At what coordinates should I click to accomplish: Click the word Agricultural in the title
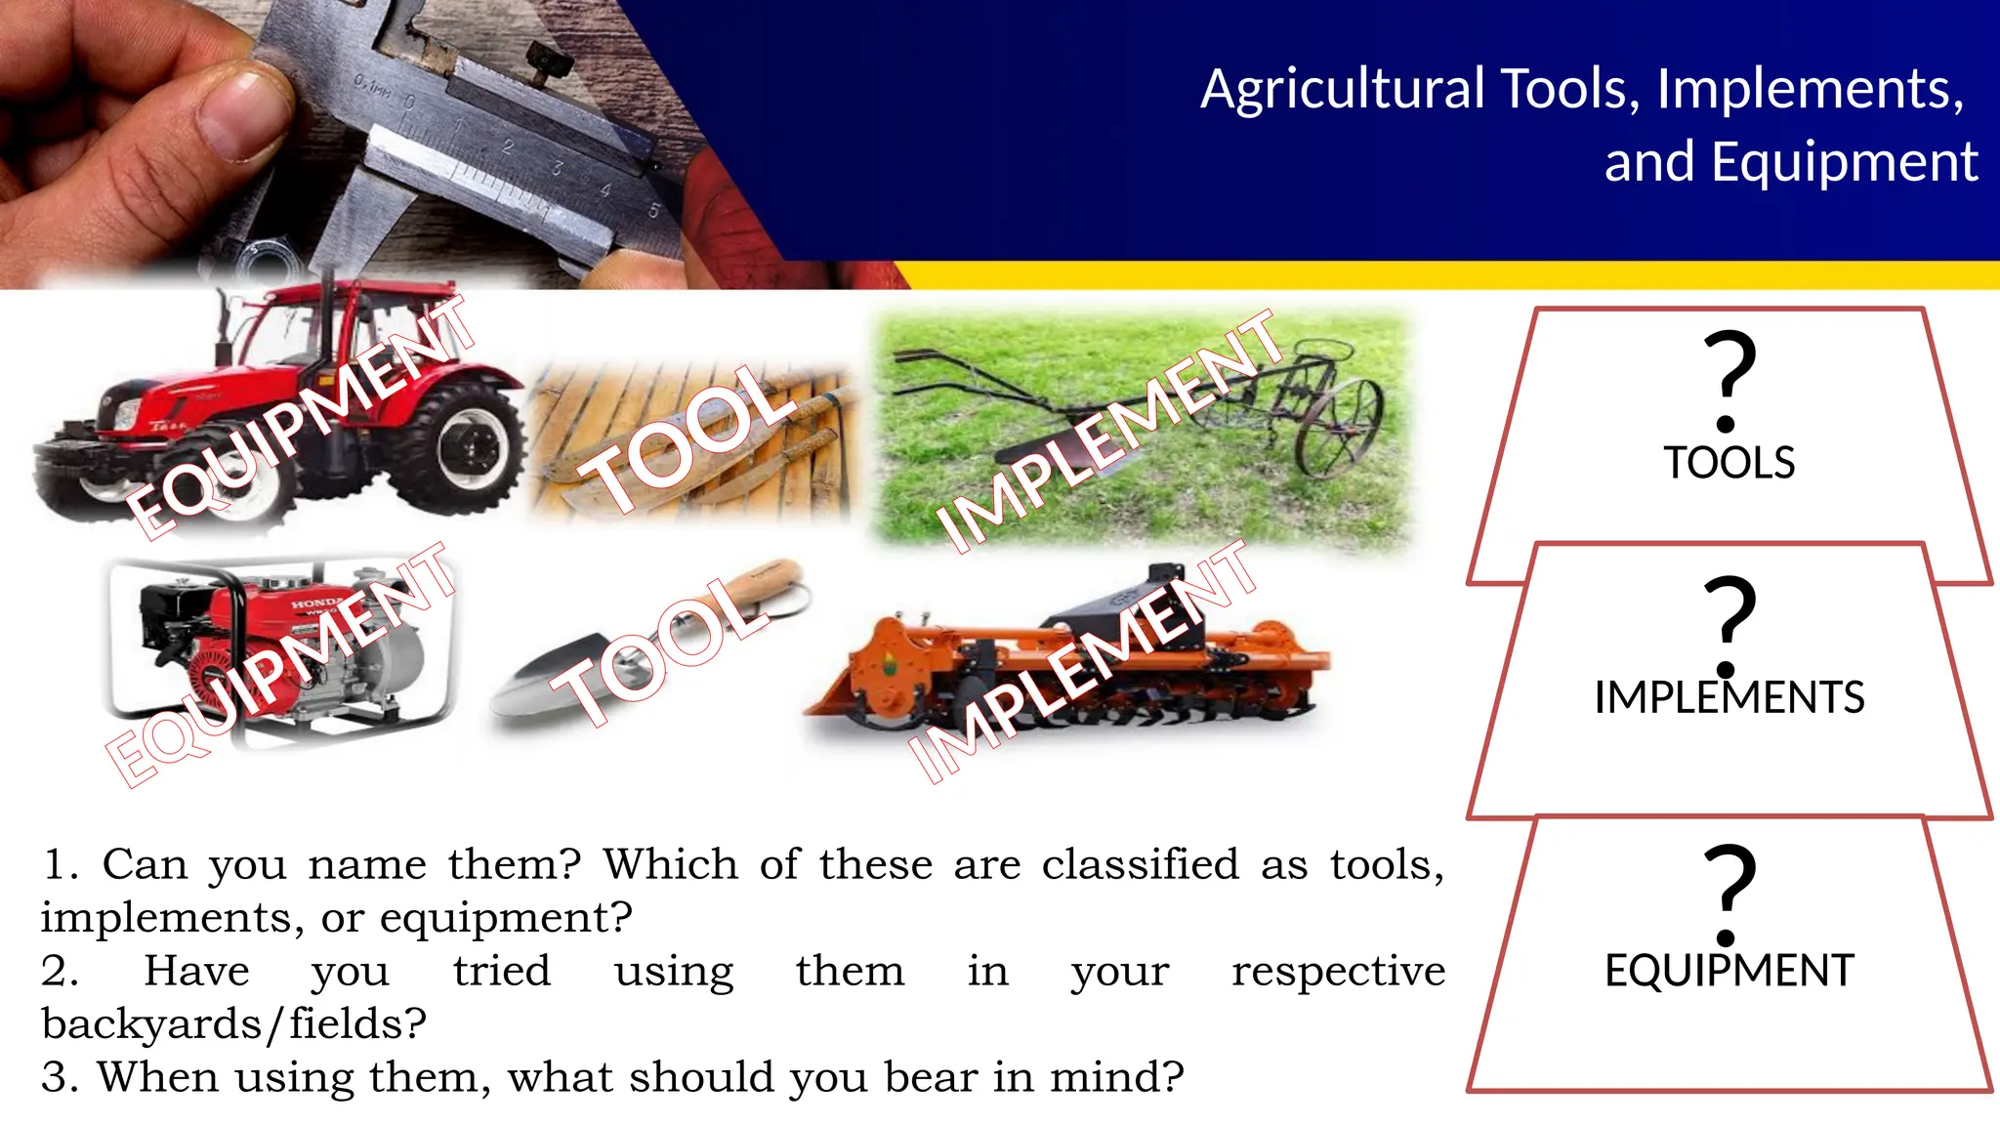coord(1343,90)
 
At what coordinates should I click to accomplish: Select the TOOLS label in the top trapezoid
coord(1729,463)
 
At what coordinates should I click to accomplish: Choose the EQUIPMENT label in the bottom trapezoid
coord(1729,971)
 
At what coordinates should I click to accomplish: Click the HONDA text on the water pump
coord(317,602)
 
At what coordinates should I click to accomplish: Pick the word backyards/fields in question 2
coord(234,1023)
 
